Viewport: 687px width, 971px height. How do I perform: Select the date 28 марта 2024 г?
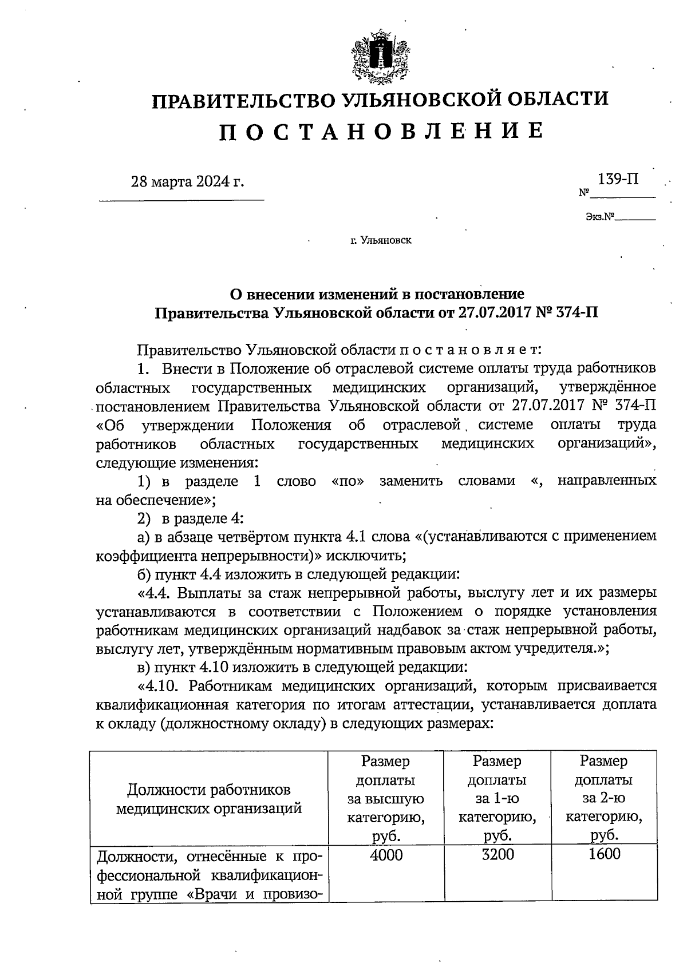187,182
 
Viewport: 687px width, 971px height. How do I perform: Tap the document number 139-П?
618,179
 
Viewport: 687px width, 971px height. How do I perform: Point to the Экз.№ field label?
599,217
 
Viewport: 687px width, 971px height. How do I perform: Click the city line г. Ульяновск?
381,240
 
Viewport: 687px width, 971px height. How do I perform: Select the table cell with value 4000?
386,855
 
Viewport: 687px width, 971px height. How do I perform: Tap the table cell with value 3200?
497,855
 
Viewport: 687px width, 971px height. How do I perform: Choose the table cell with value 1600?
604,855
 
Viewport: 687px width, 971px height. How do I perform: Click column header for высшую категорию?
386,799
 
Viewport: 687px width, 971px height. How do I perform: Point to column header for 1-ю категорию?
497,799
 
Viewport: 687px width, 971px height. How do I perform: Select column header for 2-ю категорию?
604,799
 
